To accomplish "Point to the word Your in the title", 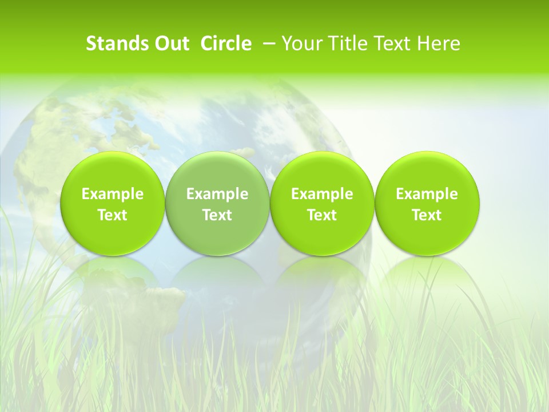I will point(300,43).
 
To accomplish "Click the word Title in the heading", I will point(343,43).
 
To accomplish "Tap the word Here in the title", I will point(439,43).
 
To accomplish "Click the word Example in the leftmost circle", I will point(112,194).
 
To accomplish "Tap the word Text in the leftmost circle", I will point(112,215).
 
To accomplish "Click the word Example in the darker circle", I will point(217,194).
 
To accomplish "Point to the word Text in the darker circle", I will point(217,215).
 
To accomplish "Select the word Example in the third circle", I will point(322,194).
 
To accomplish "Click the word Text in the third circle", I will point(322,215).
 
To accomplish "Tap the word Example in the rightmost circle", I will point(427,194).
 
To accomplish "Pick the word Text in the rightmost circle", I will point(427,215).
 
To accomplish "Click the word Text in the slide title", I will point(391,43).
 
